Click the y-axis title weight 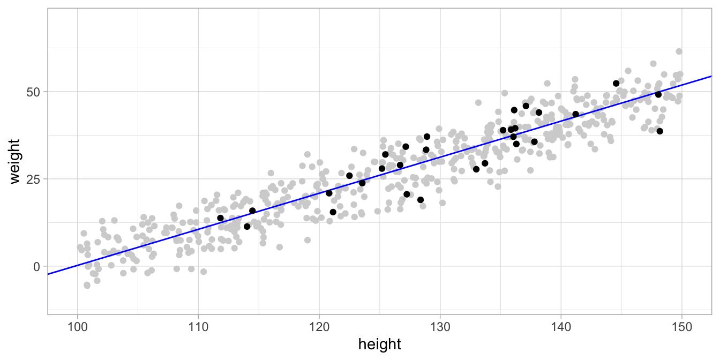coord(15,161)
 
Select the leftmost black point coord(220,218)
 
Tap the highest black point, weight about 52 coord(616,84)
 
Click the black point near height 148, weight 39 coord(659,131)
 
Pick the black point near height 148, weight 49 coord(658,94)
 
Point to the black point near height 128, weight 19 coord(421,200)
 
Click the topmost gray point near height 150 coord(679,51)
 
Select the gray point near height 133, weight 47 coord(478,102)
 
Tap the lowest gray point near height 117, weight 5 coord(280,247)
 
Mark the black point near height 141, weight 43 coord(575,114)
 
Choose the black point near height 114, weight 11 coord(247,226)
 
